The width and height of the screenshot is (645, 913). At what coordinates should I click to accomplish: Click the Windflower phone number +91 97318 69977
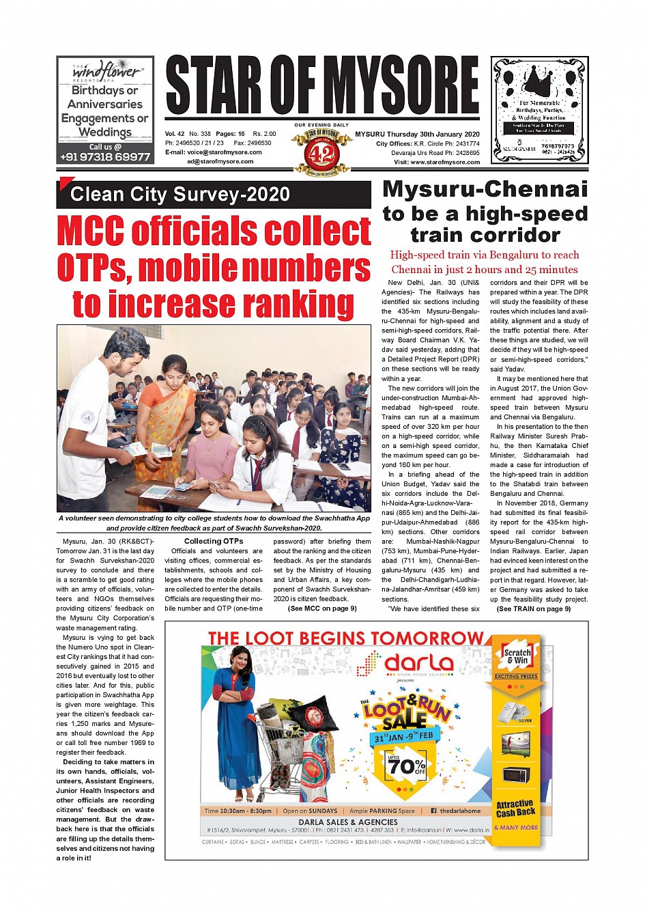(x=105, y=156)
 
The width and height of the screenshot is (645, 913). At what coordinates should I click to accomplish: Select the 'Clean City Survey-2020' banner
(x=180, y=195)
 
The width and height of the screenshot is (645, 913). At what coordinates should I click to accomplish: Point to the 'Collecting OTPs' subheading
(x=214, y=542)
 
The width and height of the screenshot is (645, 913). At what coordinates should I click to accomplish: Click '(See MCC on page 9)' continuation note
(x=322, y=608)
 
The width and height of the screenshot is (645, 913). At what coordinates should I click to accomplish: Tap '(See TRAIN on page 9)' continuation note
(x=533, y=609)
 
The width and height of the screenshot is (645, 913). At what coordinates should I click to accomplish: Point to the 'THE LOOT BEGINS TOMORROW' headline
(x=345, y=638)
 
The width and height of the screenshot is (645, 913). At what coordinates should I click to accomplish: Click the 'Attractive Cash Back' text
(x=516, y=809)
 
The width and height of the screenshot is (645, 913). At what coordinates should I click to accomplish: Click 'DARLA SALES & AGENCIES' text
(x=348, y=822)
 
